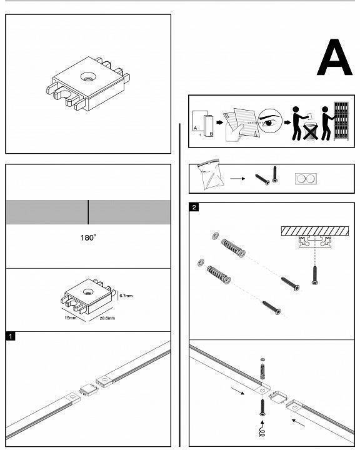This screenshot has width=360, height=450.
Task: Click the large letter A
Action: click(x=334, y=57)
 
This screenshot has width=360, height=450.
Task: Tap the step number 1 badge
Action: click(x=10, y=336)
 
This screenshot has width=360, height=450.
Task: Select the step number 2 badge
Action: click(x=194, y=207)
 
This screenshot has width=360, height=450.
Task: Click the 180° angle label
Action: click(x=88, y=237)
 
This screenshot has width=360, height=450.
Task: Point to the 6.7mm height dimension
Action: click(x=126, y=296)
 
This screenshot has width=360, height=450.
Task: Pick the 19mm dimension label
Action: click(x=71, y=317)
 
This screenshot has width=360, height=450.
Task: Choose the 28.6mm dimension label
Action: click(x=107, y=318)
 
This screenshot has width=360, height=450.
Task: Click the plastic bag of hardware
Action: click(x=211, y=174)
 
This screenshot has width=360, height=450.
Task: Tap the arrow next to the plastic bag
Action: click(x=237, y=179)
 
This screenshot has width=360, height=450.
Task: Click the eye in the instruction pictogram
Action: click(x=269, y=123)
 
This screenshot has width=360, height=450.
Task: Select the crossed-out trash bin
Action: click(x=311, y=131)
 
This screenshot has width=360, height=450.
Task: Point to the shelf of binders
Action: click(x=341, y=121)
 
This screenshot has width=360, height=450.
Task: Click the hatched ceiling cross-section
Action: click(x=315, y=231)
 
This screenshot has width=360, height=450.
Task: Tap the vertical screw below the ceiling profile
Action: click(x=315, y=276)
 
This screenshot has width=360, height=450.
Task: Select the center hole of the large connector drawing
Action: click(x=88, y=76)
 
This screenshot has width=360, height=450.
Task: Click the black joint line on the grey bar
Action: click(x=88, y=212)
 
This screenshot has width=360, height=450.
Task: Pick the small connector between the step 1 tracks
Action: click(x=88, y=390)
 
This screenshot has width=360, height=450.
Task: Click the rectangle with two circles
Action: click(x=306, y=179)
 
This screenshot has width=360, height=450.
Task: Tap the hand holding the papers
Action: click(x=234, y=132)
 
